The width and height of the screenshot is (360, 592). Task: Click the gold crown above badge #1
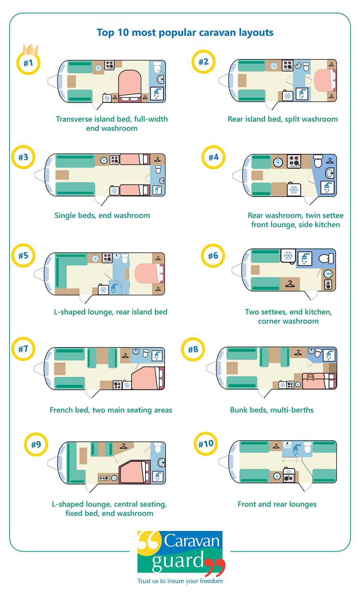(x=31, y=49)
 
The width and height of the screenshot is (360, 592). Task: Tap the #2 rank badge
(x=204, y=62)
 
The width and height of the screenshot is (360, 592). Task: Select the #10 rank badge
(x=206, y=444)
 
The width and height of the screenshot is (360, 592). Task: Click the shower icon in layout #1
(x=157, y=94)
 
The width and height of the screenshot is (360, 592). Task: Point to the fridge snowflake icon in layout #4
(x=294, y=190)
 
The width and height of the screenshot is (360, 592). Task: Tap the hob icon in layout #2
(x=287, y=65)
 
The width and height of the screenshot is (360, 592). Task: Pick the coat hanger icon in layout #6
(x=290, y=283)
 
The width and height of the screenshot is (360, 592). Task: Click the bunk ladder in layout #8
(x=310, y=377)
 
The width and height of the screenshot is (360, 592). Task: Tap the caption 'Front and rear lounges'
(x=277, y=504)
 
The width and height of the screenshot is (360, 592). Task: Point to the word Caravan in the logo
(x=191, y=541)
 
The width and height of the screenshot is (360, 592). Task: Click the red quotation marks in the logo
(x=215, y=567)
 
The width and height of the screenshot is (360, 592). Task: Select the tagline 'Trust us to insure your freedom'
(x=180, y=581)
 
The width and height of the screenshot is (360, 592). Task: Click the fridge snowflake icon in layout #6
(x=288, y=256)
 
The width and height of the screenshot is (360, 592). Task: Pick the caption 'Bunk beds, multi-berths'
(x=271, y=410)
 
